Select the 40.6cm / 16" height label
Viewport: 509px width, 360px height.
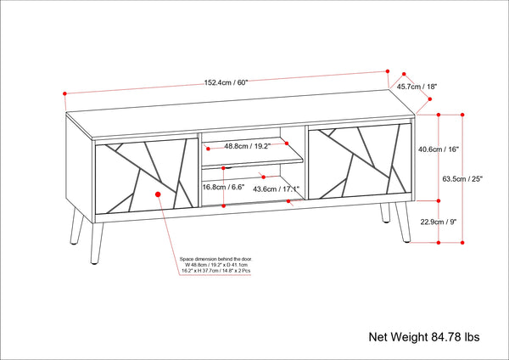439,149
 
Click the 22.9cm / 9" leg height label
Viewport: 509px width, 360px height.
439,222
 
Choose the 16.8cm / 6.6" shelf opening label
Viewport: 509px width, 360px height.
222,188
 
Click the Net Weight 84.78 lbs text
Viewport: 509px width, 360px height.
423,337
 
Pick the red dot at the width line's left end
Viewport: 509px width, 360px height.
64,93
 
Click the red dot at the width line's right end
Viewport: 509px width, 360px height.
386,71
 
